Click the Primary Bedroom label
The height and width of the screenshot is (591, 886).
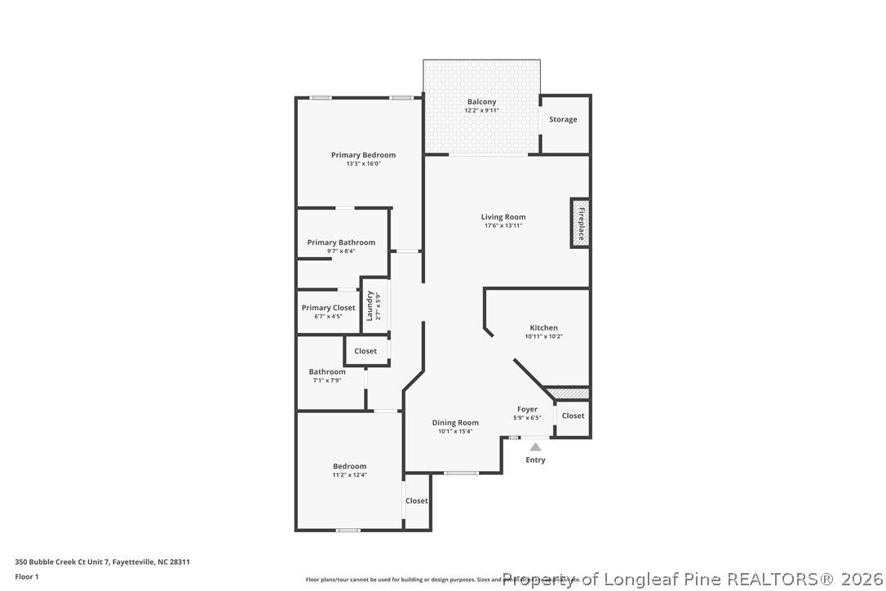(x=363, y=155)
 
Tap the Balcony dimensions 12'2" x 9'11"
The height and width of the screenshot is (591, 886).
(x=481, y=110)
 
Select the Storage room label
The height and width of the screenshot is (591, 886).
(x=563, y=119)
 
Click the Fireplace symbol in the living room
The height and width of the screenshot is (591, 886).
(x=580, y=222)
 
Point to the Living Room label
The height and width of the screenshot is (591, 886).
(x=503, y=217)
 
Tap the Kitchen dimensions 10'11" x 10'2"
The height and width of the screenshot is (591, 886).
(x=543, y=336)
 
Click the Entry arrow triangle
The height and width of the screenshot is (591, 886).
(x=535, y=447)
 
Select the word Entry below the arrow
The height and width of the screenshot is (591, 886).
(x=535, y=460)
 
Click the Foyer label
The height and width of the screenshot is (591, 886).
(x=527, y=409)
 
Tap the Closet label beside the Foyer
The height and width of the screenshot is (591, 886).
(x=573, y=415)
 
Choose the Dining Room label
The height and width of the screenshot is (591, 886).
(x=455, y=423)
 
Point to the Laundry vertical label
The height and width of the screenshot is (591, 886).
(x=370, y=306)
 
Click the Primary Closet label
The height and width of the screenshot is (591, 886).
(x=328, y=308)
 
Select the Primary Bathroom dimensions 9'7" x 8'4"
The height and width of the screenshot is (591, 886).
(x=341, y=251)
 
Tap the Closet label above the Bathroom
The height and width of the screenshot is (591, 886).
(x=365, y=351)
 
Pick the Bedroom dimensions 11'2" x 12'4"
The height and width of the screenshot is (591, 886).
(x=349, y=474)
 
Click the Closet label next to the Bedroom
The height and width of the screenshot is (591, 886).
(x=417, y=500)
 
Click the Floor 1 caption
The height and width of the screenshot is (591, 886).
(x=27, y=576)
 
